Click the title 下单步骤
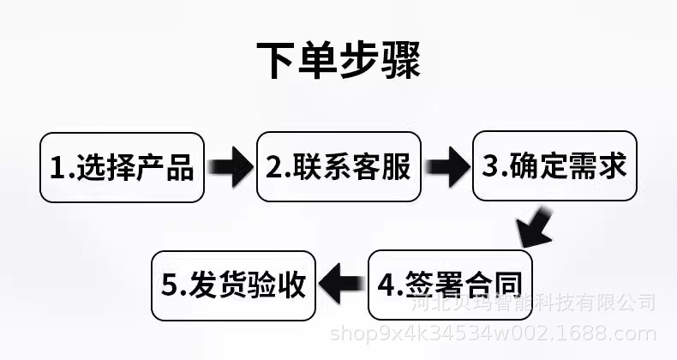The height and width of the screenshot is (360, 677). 338,58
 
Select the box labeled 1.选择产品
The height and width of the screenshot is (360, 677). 122,166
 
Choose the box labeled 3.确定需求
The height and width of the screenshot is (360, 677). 554,166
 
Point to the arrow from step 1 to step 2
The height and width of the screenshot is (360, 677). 231,167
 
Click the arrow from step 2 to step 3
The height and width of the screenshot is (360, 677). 446,167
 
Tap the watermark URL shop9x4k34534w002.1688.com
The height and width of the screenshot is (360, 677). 493,334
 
